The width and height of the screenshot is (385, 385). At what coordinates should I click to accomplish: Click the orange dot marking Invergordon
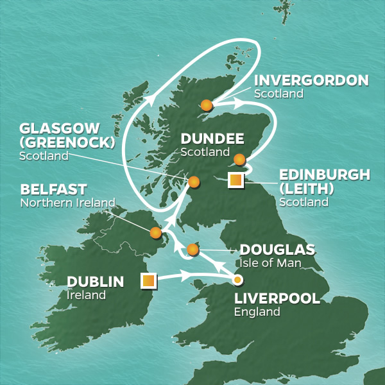pyautogui.click(x=206, y=105)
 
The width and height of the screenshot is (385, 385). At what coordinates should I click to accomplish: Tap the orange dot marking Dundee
pyautogui.click(x=239, y=159)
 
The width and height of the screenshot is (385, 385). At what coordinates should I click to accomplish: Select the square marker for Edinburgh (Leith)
pyautogui.click(x=236, y=181)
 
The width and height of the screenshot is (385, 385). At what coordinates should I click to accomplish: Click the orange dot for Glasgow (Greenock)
pyautogui.click(x=193, y=182)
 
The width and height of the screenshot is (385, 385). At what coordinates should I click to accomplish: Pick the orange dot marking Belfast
pyautogui.click(x=155, y=233)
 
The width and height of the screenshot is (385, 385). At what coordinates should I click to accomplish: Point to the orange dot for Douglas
pyautogui.click(x=193, y=249)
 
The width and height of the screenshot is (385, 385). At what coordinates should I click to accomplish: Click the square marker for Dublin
pyautogui.click(x=148, y=280)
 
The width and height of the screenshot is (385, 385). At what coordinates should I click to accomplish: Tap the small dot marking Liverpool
pyautogui.click(x=237, y=280)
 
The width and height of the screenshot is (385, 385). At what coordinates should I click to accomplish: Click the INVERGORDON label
pyautogui.click(x=311, y=81)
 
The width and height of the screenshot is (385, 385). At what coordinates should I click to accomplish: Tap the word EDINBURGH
pyautogui.click(x=325, y=175)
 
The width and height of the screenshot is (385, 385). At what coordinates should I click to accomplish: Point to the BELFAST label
pyautogui.click(x=53, y=190)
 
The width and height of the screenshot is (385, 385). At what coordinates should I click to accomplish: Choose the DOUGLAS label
pyautogui.click(x=277, y=250)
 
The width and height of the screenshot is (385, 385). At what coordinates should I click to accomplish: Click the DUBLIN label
pyautogui.click(x=95, y=282)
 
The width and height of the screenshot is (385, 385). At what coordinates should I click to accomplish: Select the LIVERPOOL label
pyautogui.click(x=277, y=299)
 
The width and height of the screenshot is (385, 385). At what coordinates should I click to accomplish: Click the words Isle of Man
pyautogui.click(x=270, y=263)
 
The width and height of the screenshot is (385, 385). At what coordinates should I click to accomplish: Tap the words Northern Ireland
pyautogui.click(x=67, y=203)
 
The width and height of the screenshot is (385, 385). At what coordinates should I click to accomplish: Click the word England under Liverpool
pyautogui.click(x=257, y=312)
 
